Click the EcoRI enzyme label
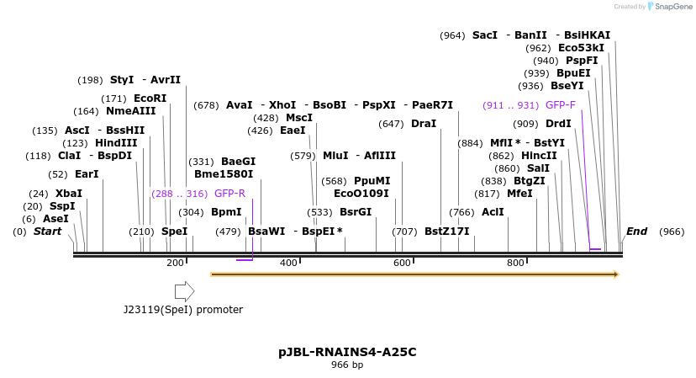pyautogui.click(x=150, y=98)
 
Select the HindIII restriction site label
pyautogui.click(x=116, y=143)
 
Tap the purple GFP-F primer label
pyautogui.click(x=560, y=105)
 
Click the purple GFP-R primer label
pyautogui.click(x=229, y=194)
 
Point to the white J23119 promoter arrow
pyautogui.click(x=184, y=291)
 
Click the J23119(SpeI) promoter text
pyautogui.click(x=183, y=310)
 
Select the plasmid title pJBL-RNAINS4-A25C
pyautogui.click(x=347, y=352)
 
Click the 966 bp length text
pyautogui.click(x=347, y=365)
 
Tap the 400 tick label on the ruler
pyautogui.click(x=288, y=264)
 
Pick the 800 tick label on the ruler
pyautogui.click(x=515, y=264)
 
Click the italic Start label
pyautogui.click(x=47, y=232)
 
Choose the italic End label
pyautogui.click(x=636, y=232)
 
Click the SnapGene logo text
pyautogui.click(x=669, y=7)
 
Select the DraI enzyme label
pyautogui.click(x=424, y=124)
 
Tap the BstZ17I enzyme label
pyautogui.click(x=446, y=232)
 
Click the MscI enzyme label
pyautogui.click(x=298, y=118)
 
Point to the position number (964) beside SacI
pyautogui.click(x=452, y=35)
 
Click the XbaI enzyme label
pyautogui.click(x=69, y=194)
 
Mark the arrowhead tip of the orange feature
pyautogui.click(x=618, y=274)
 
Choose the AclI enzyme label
pyautogui.click(x=493, y=212)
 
